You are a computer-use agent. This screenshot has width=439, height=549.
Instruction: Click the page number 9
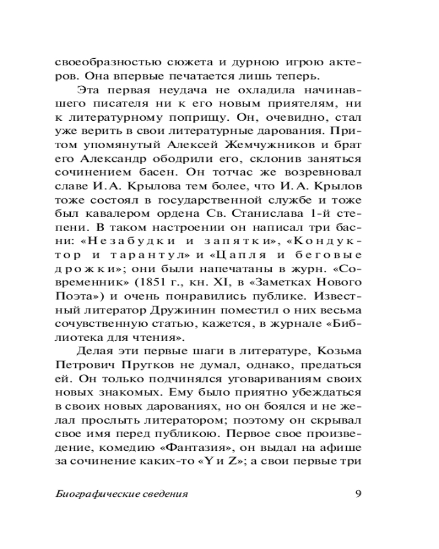(357, 493)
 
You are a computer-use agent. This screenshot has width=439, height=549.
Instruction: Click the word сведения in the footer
(160, 494)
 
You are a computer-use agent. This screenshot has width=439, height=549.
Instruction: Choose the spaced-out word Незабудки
(120, 241)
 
